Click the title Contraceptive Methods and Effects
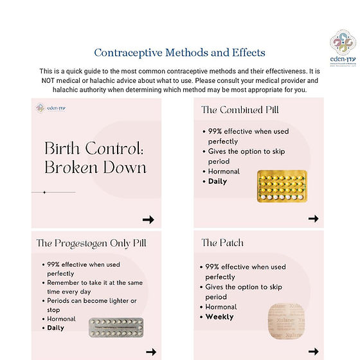179,53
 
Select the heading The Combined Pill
240,110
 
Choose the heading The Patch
222,243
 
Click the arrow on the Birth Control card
148,219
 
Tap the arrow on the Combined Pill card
313,219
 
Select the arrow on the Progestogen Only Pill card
151,352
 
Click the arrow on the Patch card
313,351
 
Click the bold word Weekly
219,317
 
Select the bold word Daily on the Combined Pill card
217,181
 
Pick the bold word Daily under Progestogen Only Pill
56,328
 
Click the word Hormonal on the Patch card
221,307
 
